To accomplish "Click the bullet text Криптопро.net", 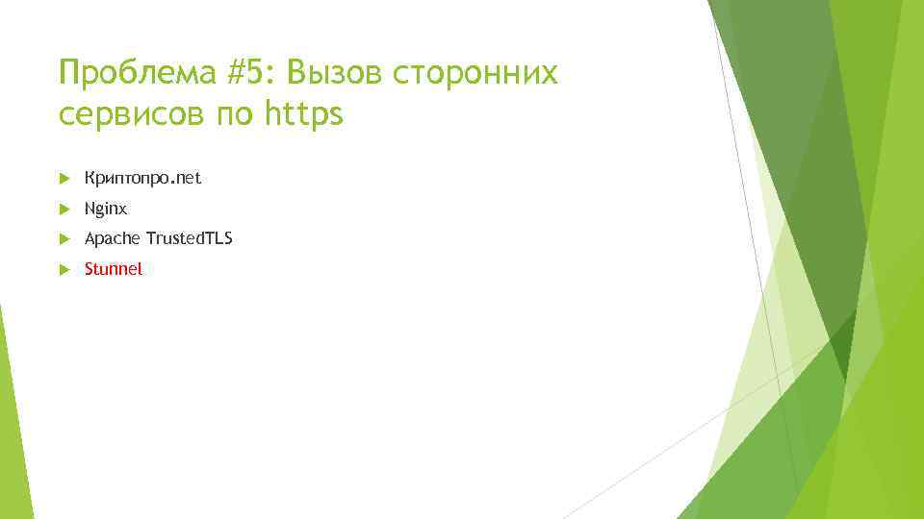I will click(x=142, y=178).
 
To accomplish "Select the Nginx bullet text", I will click(x=105, y=208).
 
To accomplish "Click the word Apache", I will click(x=112, y=238).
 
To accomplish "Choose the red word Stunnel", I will click(x=113, y=269).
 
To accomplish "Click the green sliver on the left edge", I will click(x=12, y=423).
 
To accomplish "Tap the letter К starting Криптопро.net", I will click(x=90, y=178).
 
